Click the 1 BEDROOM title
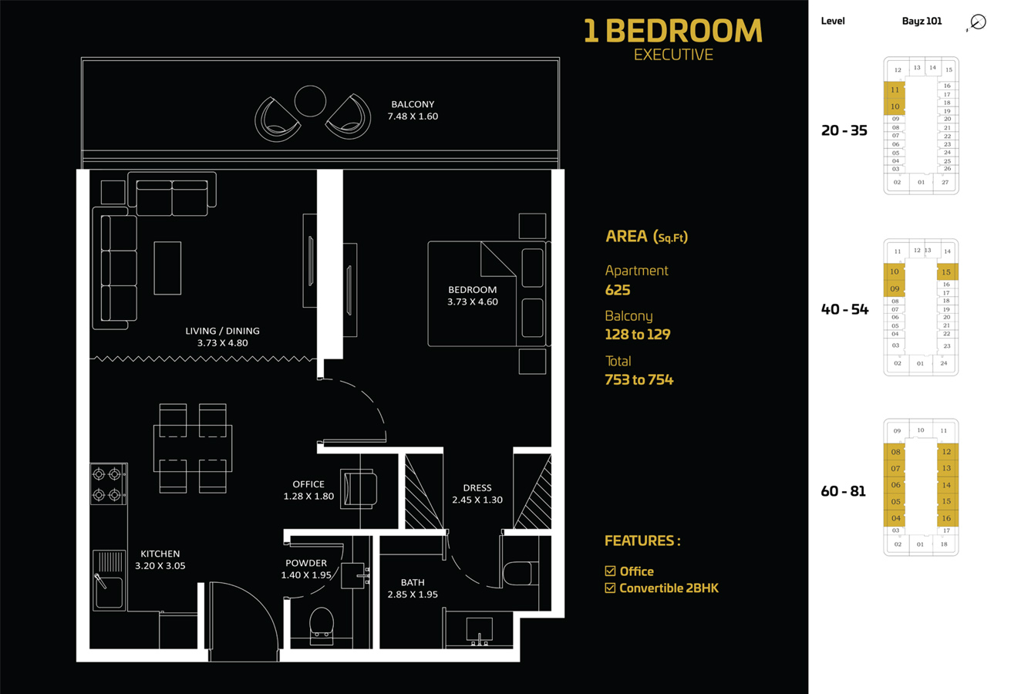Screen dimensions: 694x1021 672,31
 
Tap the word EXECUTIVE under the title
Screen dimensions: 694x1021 673,55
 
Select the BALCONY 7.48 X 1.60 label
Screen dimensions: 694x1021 413,110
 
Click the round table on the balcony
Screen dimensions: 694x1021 310,101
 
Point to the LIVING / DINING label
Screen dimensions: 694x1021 222,337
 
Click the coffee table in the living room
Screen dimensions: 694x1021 167,268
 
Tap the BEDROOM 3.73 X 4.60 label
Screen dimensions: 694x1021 473,296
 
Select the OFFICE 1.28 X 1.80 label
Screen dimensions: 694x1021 308,490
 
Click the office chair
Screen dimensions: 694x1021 360,489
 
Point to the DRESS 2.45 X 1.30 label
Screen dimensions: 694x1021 477,494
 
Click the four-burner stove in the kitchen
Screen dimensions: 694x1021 108,484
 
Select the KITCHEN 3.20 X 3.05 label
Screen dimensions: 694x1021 160,560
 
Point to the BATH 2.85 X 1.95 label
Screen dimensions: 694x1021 413,588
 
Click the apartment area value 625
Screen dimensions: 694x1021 618,290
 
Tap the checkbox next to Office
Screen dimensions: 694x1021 610,571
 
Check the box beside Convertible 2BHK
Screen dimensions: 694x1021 610,588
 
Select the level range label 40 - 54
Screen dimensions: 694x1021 844,309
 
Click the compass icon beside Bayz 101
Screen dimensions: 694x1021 978,22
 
